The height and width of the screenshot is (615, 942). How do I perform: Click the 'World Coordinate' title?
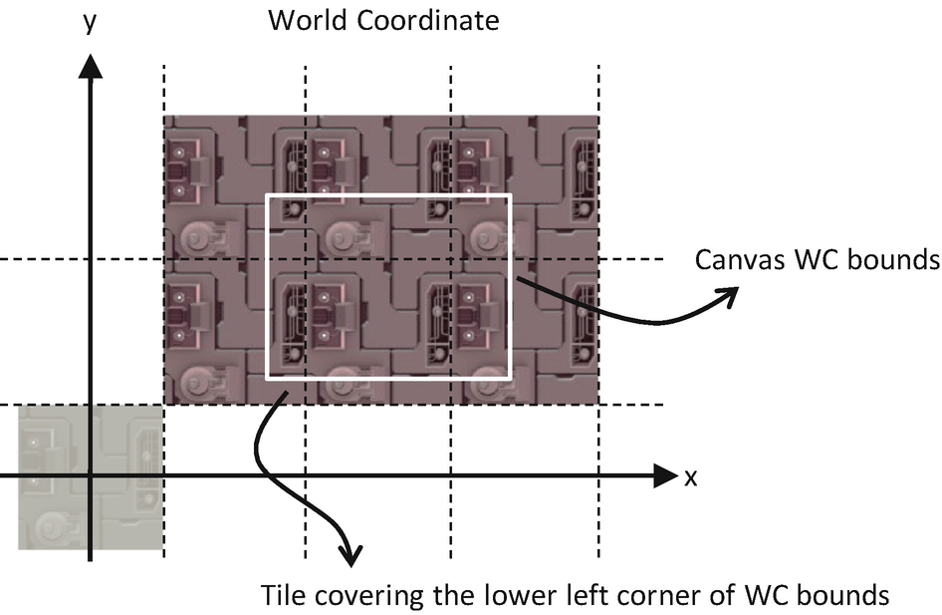click(383, 19)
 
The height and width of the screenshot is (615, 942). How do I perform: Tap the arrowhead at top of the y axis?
click(90, 66)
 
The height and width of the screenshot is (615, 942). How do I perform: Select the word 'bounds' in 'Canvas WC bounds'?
click(894, 261)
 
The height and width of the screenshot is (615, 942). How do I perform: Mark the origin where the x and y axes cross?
click(90, 476)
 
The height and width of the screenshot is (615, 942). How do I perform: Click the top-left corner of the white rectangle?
click(268, 196)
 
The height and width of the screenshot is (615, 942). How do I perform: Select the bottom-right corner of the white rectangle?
click(509, 378)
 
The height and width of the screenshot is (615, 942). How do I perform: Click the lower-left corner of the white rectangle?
click(268, 378)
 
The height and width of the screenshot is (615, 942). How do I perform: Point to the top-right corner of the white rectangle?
click(509, 196)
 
